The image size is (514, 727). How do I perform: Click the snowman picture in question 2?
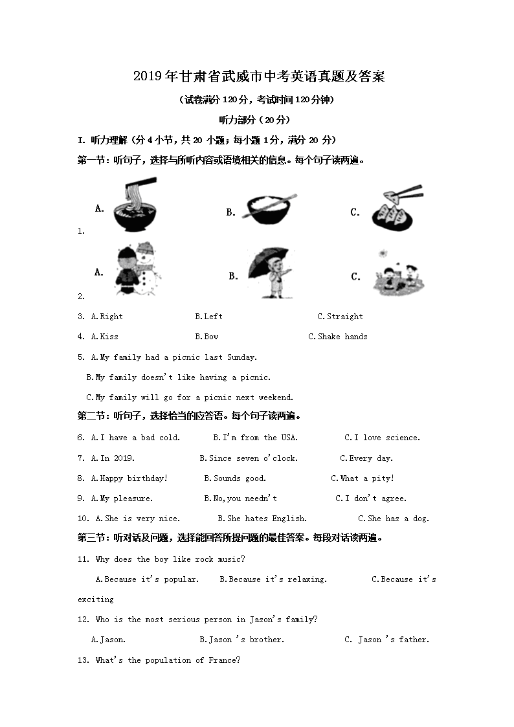[x=138, y=269]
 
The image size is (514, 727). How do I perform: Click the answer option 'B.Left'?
[x=208, y=317]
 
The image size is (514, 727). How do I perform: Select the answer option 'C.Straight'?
[x=341, y=317]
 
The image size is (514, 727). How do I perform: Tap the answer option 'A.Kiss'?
[x=105, y=337]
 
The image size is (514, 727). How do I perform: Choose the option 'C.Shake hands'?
[x=338, y=337]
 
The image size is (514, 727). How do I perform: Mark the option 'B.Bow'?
[x=207, y=337]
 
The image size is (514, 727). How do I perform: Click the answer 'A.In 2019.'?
[x=113, y=458]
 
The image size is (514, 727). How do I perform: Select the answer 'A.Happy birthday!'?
[x=129, y=478]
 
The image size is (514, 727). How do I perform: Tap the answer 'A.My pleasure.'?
[x=122, y=499]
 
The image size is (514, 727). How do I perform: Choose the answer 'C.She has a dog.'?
[x=394, y=519]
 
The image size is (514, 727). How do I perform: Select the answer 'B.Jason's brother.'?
[x=242, y=640]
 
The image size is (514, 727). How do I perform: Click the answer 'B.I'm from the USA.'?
[x=255, y=438]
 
